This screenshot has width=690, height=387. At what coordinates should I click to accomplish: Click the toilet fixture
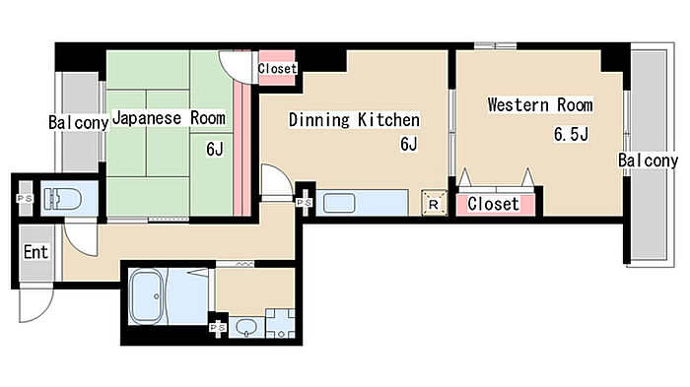(63, 199)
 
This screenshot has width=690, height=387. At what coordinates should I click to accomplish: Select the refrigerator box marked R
(434, 203)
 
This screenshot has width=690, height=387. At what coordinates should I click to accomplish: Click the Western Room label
(540, 105)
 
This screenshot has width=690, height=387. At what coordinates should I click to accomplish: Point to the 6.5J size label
(571, 134)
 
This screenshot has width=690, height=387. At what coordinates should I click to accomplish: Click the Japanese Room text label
(169, 118)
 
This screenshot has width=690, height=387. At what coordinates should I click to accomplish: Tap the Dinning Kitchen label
(354, 119)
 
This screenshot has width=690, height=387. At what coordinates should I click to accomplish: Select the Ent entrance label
(35, 252)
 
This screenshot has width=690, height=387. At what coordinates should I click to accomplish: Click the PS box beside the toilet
(25, 199)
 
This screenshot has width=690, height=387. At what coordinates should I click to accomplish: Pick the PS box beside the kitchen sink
(304, 202)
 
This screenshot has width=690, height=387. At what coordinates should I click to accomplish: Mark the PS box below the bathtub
(218, 328)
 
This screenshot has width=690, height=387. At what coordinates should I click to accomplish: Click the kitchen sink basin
(339, 203)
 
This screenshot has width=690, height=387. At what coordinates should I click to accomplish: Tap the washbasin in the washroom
(245, 327)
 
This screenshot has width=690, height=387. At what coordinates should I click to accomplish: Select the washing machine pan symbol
(280, 323)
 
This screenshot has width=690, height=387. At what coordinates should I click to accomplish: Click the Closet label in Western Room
(493, 204)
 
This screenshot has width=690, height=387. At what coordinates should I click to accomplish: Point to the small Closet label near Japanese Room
(277, 68)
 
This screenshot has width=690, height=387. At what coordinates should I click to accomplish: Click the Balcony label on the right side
(648, 161)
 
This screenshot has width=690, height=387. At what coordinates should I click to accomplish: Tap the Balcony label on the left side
(78, 123)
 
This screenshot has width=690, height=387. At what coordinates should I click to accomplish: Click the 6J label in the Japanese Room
(215, 149)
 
